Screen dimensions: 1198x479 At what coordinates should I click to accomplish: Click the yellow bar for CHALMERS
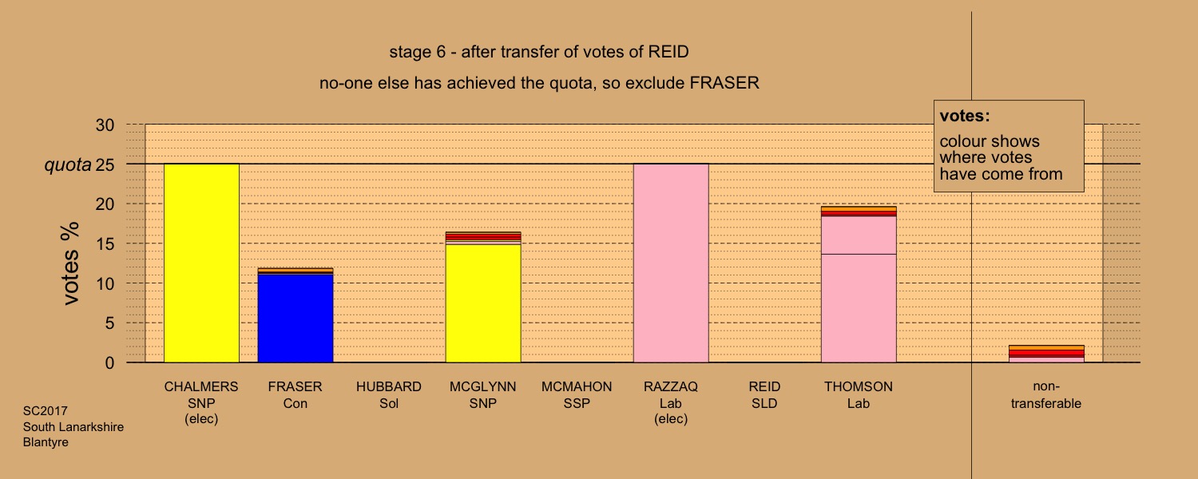tap(201, 263)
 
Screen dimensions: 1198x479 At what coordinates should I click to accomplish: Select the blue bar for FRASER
tap(296, 315)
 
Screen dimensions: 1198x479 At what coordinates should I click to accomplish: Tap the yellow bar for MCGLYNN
tap(483, 297)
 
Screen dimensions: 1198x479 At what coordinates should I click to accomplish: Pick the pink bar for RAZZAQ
tap(671, 263)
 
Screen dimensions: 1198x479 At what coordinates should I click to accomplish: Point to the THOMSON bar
tap(859, 284)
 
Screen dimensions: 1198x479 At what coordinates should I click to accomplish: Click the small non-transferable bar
tap(1046, 354)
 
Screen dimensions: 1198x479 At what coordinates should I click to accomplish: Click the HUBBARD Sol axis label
tap(389, 394)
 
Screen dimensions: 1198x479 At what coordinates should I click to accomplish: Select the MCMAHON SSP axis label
tap(577, 394)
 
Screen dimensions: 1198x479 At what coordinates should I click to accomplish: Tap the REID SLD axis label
tap(764, 394)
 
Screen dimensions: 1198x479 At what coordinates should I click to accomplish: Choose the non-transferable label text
tap(1046, 394)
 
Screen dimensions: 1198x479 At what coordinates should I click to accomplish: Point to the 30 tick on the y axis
tap(105, 125)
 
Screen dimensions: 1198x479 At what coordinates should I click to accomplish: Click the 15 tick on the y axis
tap(105, 243)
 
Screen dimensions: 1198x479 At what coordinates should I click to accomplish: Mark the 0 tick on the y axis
tap(109, 363)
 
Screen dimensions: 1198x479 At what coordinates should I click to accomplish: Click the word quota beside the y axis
tap(68, 165)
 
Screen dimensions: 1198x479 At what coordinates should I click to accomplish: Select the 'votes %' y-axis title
tap(70, 263)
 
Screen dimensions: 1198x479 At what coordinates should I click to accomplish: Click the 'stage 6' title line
tap(538, 52)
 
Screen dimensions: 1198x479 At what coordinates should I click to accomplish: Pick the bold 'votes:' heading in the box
tap(965, 116)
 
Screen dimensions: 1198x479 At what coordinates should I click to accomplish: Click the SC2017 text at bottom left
tap(46, 411)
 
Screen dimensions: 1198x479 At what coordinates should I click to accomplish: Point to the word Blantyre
tap(46, 442)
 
